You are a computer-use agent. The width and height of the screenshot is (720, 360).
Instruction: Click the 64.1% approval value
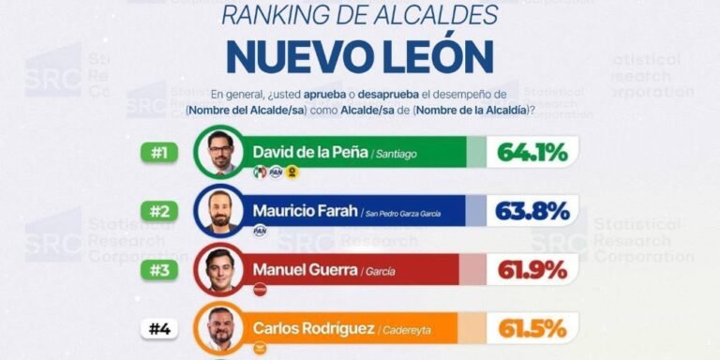[532, 152]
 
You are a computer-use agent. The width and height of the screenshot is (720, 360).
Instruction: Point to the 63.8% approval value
[532, 211]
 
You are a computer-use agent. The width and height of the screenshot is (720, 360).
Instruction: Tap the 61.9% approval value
[532, 270]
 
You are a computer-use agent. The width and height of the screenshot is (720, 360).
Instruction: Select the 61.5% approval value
[532, 328]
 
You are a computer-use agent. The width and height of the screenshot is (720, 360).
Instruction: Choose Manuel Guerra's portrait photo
[220, 271]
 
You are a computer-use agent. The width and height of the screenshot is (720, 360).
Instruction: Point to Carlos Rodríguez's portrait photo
[220, 329]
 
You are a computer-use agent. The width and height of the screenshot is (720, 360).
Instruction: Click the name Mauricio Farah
[305, 211]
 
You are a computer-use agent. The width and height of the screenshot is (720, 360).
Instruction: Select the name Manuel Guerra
[304, 270]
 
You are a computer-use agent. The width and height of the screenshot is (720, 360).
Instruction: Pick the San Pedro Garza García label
[413, 214]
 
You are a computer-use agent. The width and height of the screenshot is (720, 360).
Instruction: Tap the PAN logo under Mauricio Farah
[260, 231]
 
